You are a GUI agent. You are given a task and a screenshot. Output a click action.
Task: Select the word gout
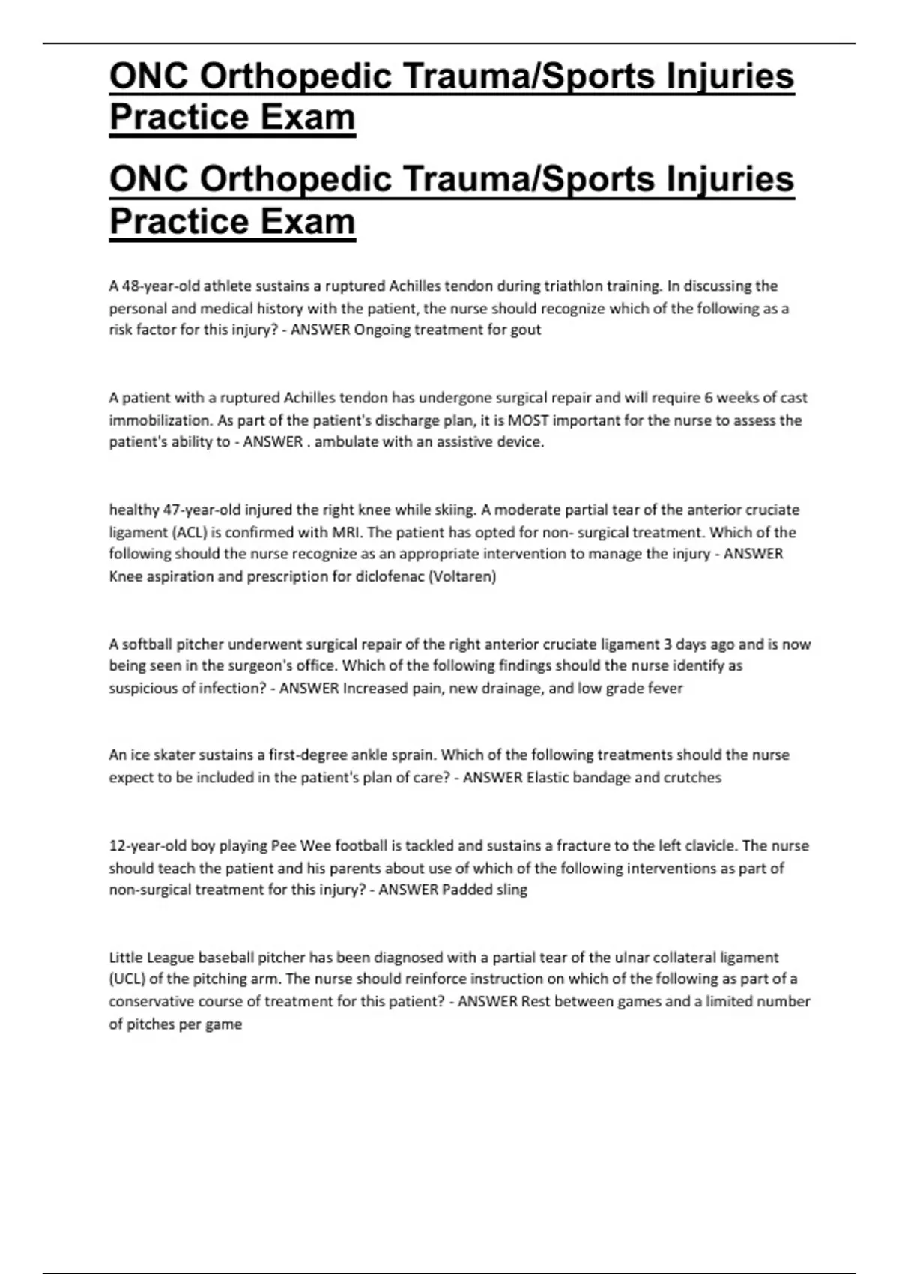pyautogui.click(x=527, y=330)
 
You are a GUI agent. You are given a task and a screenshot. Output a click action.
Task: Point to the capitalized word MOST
pyautogui.click(x=530, y=420)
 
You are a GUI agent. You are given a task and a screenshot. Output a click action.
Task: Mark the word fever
pyautogui.click(x=665, y=688)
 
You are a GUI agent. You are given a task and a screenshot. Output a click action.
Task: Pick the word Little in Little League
pyautogui.click(x=127, y=957)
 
